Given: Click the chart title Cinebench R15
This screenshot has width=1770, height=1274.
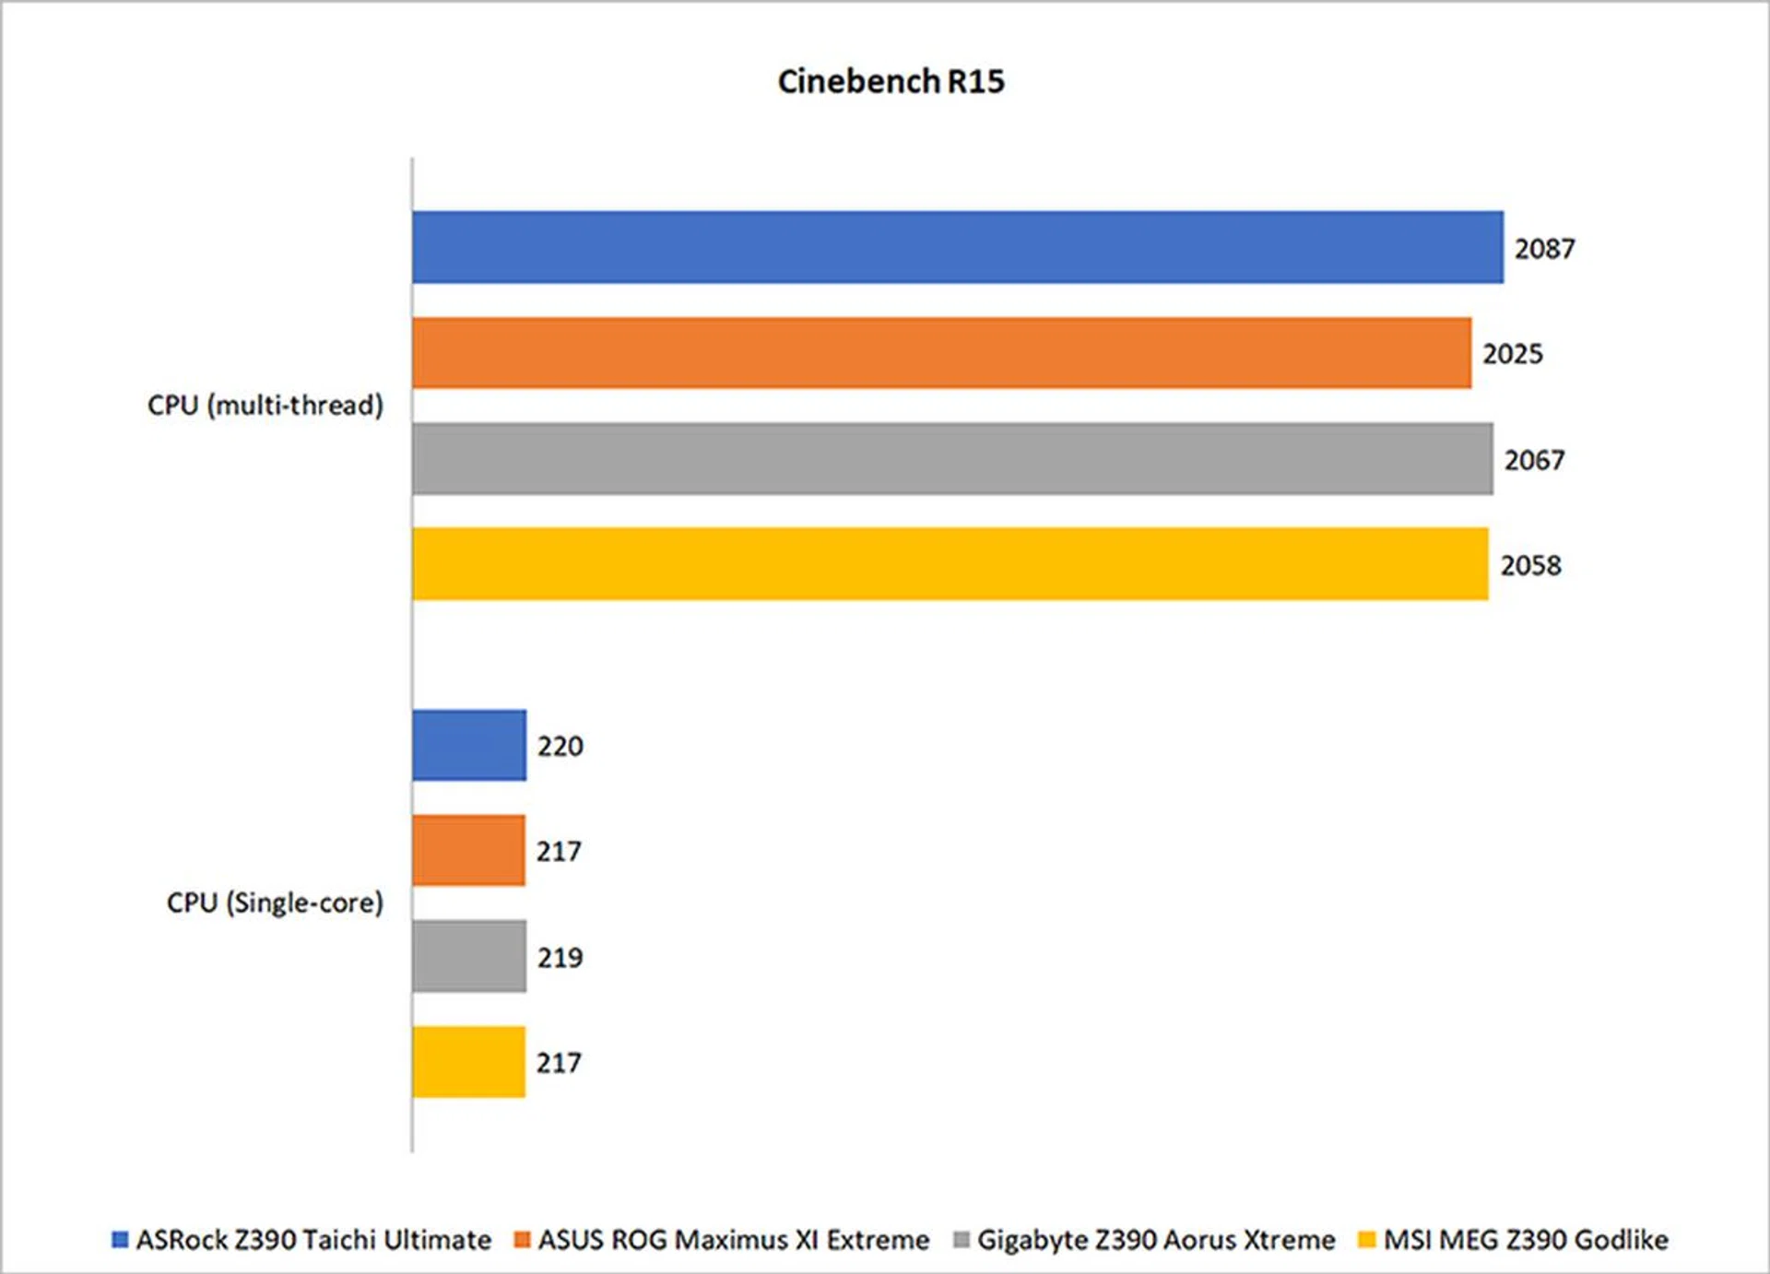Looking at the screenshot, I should [891, 81].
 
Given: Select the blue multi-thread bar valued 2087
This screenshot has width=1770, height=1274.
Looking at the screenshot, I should [957, 247].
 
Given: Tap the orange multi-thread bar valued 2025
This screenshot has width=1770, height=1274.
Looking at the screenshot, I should [941, 353].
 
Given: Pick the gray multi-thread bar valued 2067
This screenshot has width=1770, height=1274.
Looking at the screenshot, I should [952, 459].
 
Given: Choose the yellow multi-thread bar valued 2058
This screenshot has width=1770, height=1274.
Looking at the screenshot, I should [950, 564].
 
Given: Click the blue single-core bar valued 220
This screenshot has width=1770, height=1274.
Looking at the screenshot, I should [469, 745].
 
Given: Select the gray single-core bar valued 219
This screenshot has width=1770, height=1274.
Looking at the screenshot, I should [469, 956].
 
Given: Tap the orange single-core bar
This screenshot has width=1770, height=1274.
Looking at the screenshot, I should [468, 850].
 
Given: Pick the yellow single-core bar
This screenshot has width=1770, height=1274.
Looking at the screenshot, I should [468, 1062].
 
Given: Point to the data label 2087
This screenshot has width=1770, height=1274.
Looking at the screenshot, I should [1544, 249].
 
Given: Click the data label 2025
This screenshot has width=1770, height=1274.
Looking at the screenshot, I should [1512, 354].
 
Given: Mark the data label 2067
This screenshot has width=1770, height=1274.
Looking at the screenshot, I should [1534, 460].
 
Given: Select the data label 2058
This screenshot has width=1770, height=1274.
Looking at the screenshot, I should [1530, 565].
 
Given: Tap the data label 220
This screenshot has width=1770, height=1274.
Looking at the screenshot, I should [560, 746].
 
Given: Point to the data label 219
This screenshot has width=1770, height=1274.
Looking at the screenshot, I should [560, 958].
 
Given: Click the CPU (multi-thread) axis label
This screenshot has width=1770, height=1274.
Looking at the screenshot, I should [265, 406].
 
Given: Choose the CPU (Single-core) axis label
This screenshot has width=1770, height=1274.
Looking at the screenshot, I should [274, 902].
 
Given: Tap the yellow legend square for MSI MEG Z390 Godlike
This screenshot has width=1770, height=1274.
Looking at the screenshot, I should [1366, 1240].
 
